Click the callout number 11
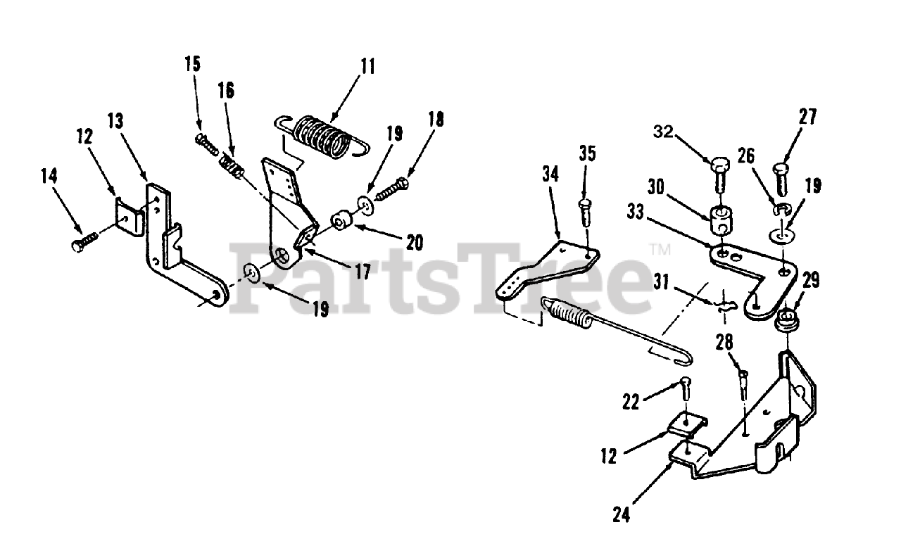[x=367, y=67]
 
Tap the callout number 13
[x=115, y=121]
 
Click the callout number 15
[x=192, y=64]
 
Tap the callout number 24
[x=622, y=515]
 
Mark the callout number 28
[x=724, y=342]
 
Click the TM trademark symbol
[x=660, y=248]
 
